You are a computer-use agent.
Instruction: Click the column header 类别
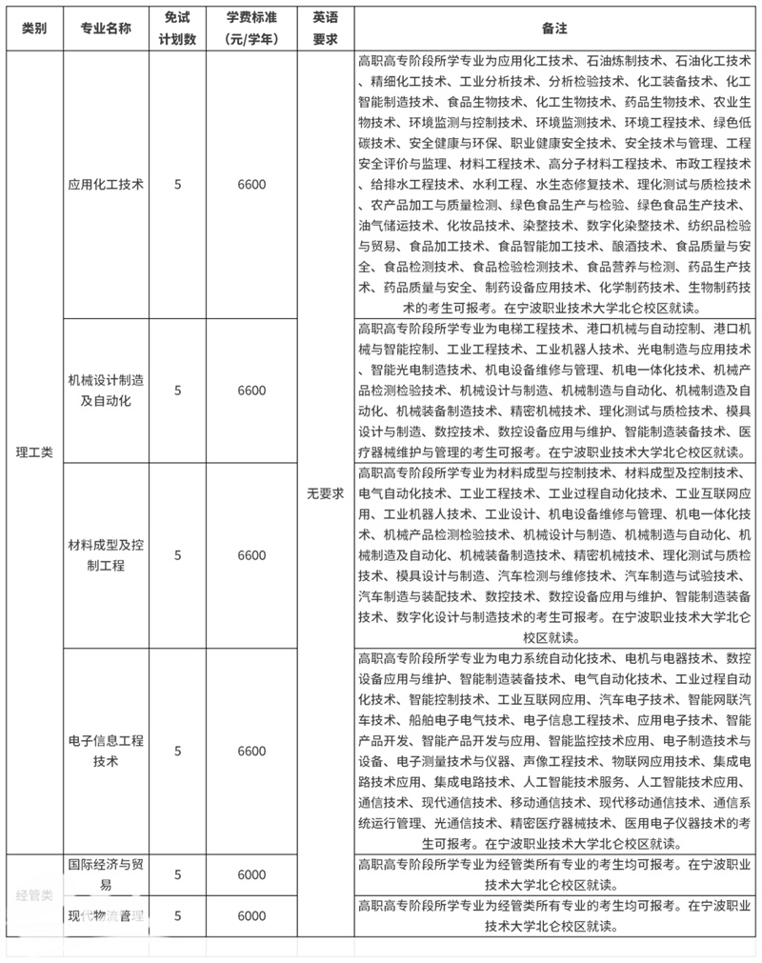tap(33, 29)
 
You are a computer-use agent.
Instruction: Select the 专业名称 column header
tap(106, 29)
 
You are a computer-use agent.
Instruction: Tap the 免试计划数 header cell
tap(178, 29)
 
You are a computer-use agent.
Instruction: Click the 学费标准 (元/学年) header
tap(252, 29)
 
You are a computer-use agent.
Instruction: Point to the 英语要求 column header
tap(325, 29)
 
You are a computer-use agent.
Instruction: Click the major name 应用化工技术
tap(106, 185)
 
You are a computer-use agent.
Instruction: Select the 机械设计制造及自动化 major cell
tap(106, 391)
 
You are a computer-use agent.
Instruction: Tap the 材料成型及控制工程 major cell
tap(106, 555)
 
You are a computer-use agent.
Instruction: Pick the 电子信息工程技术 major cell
tap(106, 751)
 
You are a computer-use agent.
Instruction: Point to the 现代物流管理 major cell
tap(106, 915)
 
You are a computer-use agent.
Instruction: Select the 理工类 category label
tap(33, 451)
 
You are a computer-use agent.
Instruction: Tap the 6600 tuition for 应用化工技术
tap(252, 185)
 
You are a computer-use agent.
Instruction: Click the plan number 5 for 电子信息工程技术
tap(178, 751)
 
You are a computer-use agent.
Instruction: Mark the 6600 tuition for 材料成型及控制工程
tap(252, 555)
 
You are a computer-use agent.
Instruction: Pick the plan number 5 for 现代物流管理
tap(178, 915)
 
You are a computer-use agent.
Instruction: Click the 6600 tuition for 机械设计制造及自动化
tap(252, 391)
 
